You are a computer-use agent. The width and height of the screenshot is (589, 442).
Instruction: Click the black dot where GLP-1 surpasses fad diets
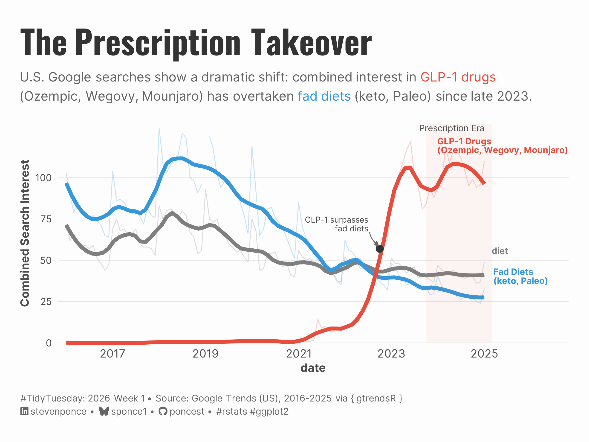pos(379,249)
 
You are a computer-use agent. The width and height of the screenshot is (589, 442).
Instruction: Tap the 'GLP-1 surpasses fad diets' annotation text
pos(337,224)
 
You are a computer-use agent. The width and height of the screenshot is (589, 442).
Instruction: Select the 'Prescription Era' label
pos(452,128)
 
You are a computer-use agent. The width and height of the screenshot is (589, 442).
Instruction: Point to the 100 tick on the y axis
pos(43,178)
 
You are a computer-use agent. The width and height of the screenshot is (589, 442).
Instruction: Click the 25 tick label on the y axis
pos(46,302)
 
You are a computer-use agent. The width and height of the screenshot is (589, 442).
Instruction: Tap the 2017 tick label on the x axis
pos(112,354)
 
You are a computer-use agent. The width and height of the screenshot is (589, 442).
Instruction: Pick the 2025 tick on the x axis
pos(484,354)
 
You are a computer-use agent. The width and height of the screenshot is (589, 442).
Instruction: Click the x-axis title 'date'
pos(313,368)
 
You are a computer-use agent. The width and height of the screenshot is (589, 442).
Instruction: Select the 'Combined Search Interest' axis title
pos(25,233)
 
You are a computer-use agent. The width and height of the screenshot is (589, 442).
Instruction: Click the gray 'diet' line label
pos(499,251)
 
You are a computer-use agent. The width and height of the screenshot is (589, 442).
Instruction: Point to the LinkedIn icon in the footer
pos(24,411)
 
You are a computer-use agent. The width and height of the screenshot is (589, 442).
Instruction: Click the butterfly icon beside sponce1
pos(104,411)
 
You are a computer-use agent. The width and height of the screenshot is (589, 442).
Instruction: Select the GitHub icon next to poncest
pos(163,411)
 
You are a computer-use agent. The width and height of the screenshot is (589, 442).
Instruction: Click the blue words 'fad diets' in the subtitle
pos(324,96)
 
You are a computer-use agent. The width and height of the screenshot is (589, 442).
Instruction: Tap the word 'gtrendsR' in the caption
pos(376,398)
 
